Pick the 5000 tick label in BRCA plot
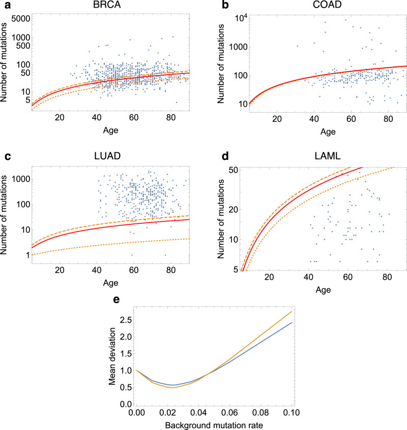coord(19,18)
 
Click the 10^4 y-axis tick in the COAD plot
coord(224,18)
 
